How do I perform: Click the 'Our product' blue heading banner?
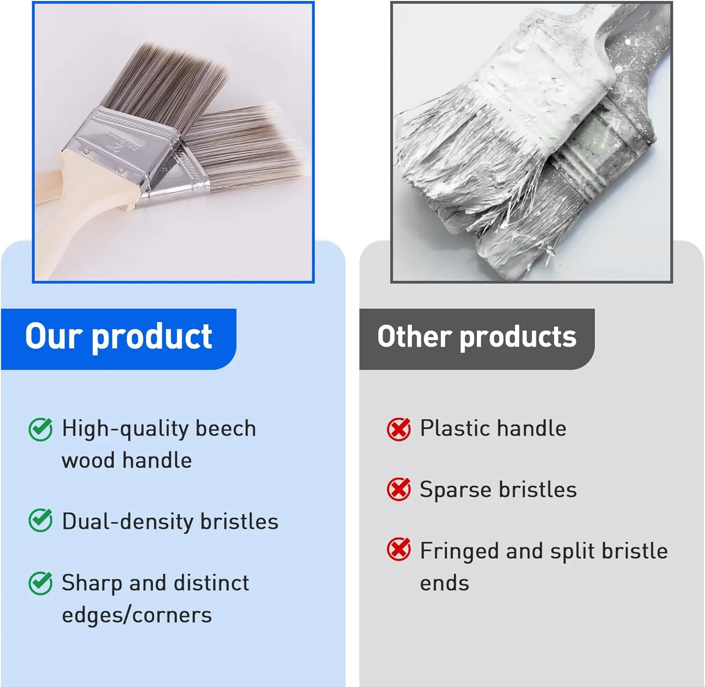pos(118,339)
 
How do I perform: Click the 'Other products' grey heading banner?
pos(477,339)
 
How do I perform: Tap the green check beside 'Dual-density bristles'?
pos(40,520)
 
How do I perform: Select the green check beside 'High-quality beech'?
pos(40,429)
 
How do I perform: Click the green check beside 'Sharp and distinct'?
pos(40,583)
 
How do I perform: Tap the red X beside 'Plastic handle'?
pos(399,429)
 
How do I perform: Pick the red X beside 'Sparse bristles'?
pos(399,489)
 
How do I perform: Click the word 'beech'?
pos(226,428)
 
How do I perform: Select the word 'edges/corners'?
pos(137,615)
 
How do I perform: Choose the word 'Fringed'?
pos(459,551)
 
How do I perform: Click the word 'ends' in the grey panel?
pos(445,583)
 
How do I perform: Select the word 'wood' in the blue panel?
pos(88,460)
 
